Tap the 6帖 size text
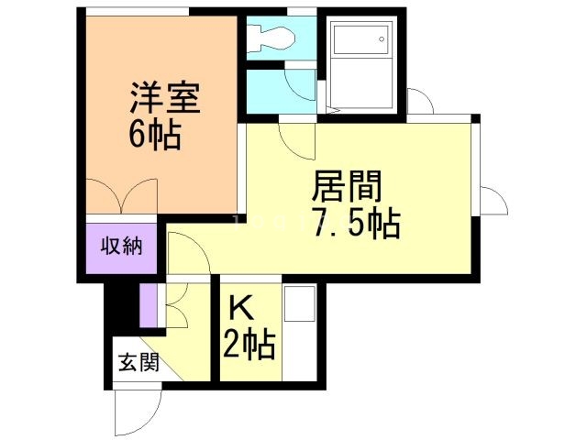(154, 135)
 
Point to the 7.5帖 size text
(356, 223)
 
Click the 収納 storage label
(121, 247)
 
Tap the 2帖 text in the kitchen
(249, 346)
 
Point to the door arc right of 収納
(180, 248)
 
